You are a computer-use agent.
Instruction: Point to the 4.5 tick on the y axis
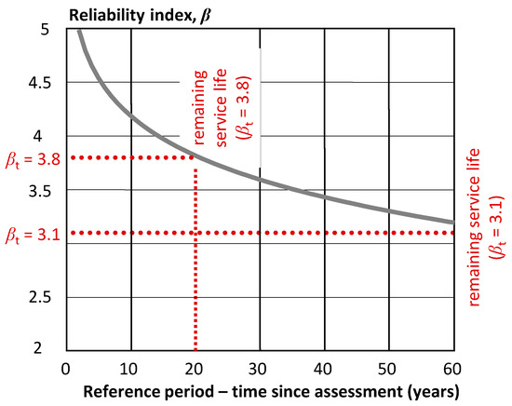click(x=43, y=83)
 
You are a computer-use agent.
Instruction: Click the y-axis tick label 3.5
click(x=43, y=190)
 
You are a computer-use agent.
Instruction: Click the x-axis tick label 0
click(x=66, y=366)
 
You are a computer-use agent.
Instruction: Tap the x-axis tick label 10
click(x=130, y=366)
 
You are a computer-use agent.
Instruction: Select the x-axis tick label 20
click(x=195, y=366)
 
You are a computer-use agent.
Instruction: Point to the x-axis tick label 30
click(x=260, y=366)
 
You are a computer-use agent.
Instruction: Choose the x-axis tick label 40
click(x=324, y=366)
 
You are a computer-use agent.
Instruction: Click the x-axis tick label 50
click(x=389, y=366)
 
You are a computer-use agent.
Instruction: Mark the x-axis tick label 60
click(x=453, y=366)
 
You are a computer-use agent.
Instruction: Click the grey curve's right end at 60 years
click(x=452, y=223)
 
